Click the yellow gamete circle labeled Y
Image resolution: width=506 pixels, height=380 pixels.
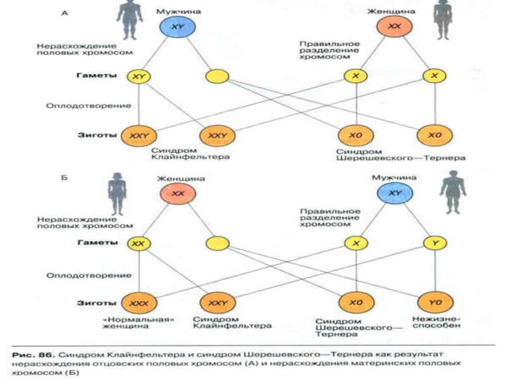click(435, 243)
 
